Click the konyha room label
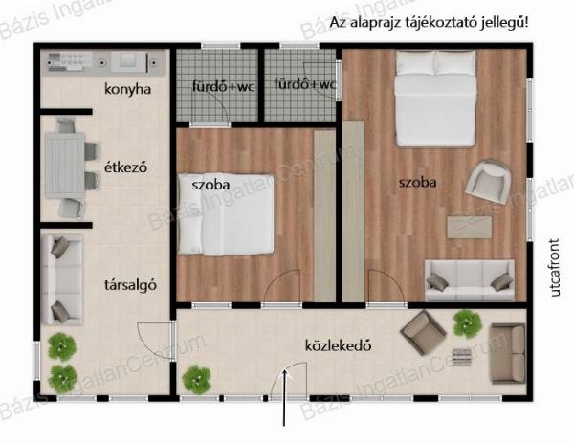tap(127, 89)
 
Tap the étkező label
tap(125, 167)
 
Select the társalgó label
tap(130, 285)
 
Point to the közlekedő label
tap(338, 345)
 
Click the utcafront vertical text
tap(555, 267)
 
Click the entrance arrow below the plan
tap(284, 398)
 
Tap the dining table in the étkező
tap(65, 166)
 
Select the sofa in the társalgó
tap(61, 280)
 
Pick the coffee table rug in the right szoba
tap(470, 228)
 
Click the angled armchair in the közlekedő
tap(423, 333)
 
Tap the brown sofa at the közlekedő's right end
tap(508, 353)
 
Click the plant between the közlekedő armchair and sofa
tap(467, 323)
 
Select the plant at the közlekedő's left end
tap(197, 380)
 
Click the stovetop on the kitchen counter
tap(70, 60)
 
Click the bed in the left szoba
tap(226, 214)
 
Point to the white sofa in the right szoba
tap(470, 280)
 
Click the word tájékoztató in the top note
tap(436, 23)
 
